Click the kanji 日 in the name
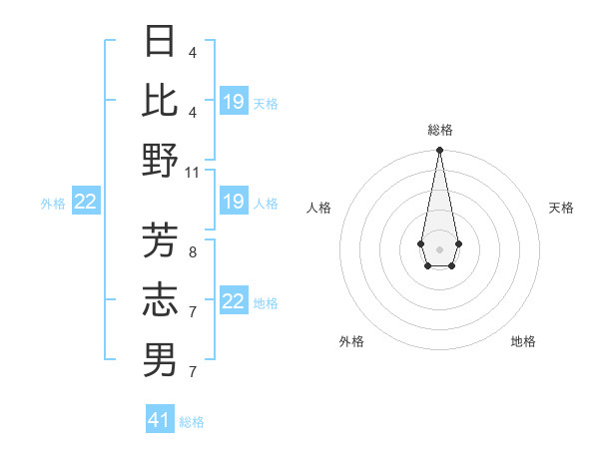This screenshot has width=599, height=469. tap(161, 42)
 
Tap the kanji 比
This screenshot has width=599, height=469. tap(161, 101)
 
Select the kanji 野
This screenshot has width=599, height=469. tap(161, 160)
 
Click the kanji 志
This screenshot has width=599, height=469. tap(161, 299)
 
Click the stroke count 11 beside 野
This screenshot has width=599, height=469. tap(193, 172)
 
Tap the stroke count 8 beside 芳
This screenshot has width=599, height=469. tap(193, 252)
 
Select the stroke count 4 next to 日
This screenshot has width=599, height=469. tap(193, 53)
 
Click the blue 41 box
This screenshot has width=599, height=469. tap(160, 420)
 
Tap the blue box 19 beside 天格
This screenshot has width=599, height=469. tap(234, 102)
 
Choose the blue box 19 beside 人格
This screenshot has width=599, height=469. tap(234, 202)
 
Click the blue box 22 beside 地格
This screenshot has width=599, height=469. tap(234, 301)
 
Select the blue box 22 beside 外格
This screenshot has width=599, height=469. tap(86, 203)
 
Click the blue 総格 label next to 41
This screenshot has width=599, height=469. tap(192, 422)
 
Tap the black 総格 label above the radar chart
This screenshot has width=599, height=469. tap(439, 130)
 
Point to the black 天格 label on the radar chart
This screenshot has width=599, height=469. tap(562, 208)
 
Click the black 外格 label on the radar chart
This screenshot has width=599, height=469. tap(351, 341)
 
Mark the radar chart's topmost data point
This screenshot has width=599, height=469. tap(439, 151)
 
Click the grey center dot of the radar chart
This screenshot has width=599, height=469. tap(439, 248)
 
